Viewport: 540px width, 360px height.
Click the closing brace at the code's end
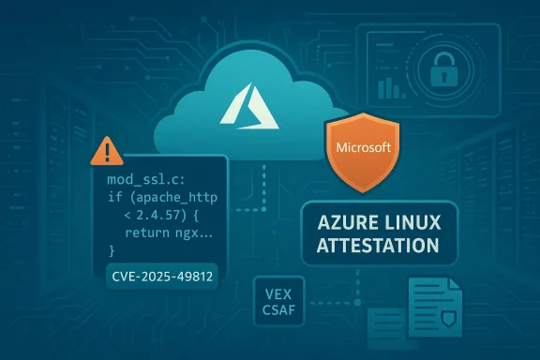pyautogui.click(x=111, y=251)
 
